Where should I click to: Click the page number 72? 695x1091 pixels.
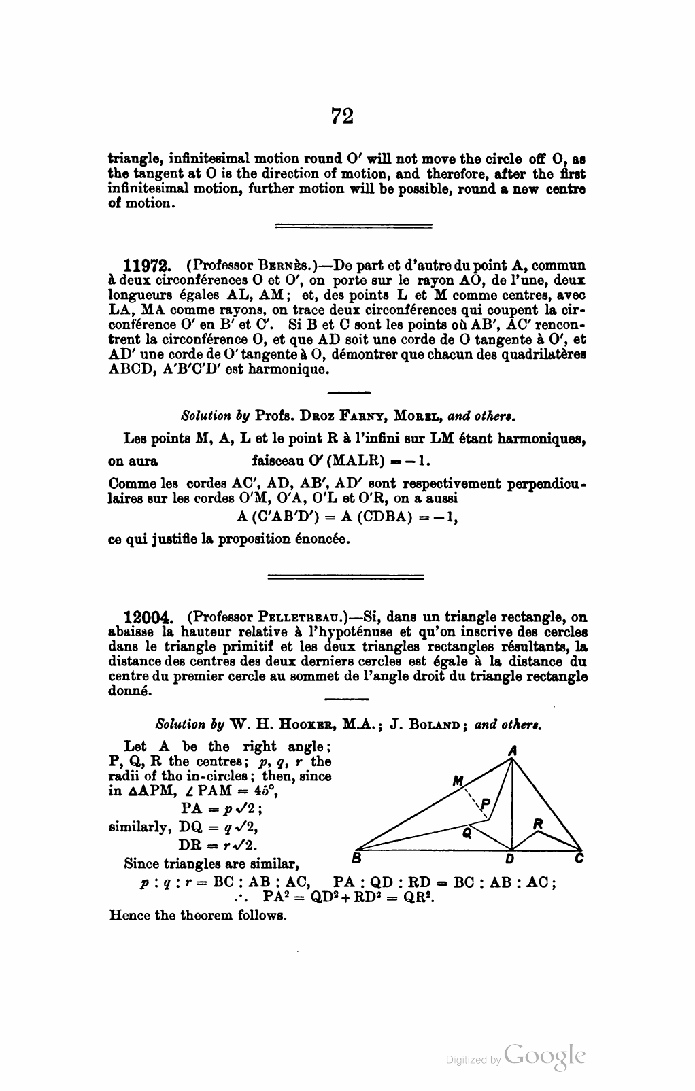[x=342, y=116]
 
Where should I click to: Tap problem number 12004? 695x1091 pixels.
[x=146, y=619]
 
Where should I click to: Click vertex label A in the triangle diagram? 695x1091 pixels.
[x=513, y=750]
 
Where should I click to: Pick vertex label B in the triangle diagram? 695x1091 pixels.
[x=356, y=857]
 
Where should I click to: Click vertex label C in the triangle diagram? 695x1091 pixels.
[x=579, y=859]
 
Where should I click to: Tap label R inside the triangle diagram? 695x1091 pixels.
[x=538, y=824]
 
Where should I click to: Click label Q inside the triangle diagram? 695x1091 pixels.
[x=467, y=833]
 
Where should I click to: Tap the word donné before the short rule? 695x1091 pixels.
[x=131, y=692]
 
